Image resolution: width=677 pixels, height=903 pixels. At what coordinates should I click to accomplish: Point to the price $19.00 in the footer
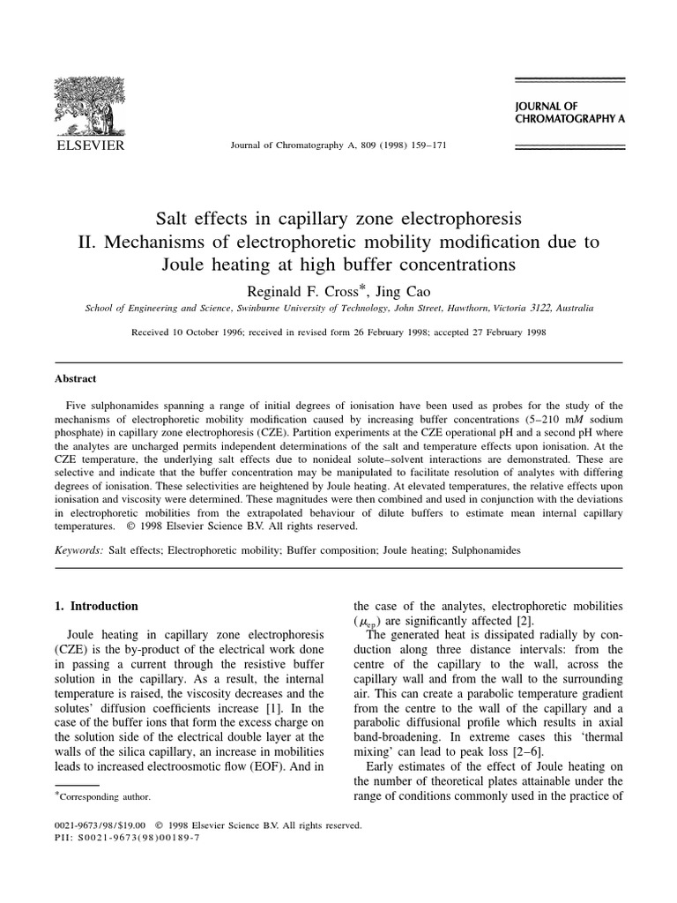[123, 826]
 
